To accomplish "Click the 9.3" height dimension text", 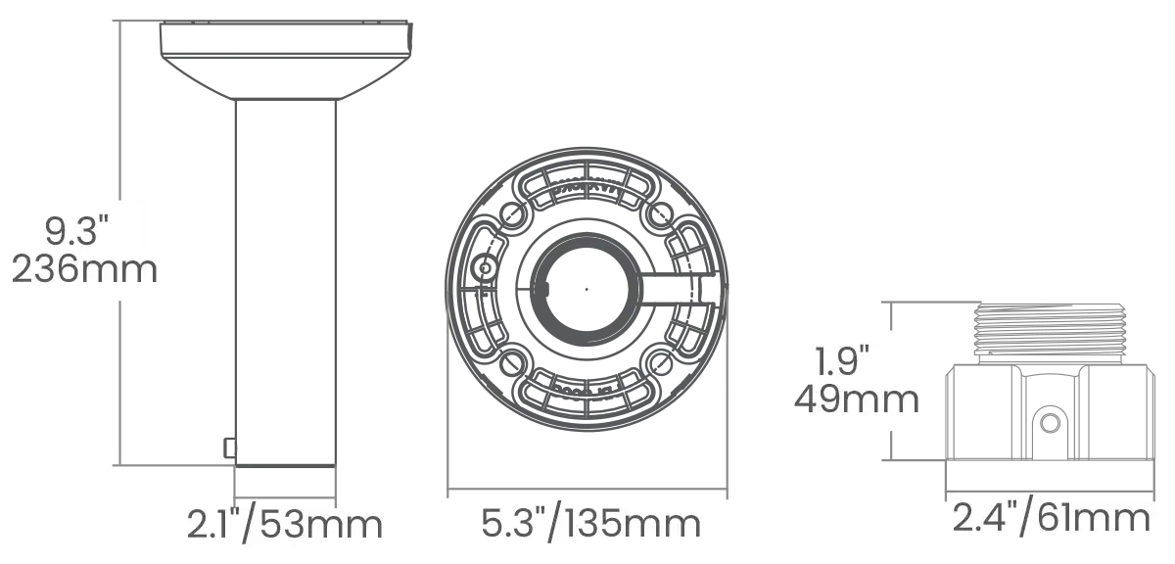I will (75, 232).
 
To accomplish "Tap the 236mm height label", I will (84, 268).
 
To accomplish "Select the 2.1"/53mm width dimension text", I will (284, 525).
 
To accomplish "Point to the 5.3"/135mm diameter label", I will (591, 525).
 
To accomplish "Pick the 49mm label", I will (857, 399).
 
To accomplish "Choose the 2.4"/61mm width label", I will (1051, 517).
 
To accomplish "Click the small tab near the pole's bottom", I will (229, 447).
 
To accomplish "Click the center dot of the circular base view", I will (586, 289).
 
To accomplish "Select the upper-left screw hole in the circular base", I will (509, 214).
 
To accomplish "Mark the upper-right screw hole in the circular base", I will (661, 211).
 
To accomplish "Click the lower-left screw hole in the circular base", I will (509, 364).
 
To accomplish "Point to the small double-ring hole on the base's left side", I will (482, 268).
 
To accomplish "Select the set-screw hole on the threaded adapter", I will (1050, 422).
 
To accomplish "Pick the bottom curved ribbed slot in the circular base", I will (585, 394).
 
